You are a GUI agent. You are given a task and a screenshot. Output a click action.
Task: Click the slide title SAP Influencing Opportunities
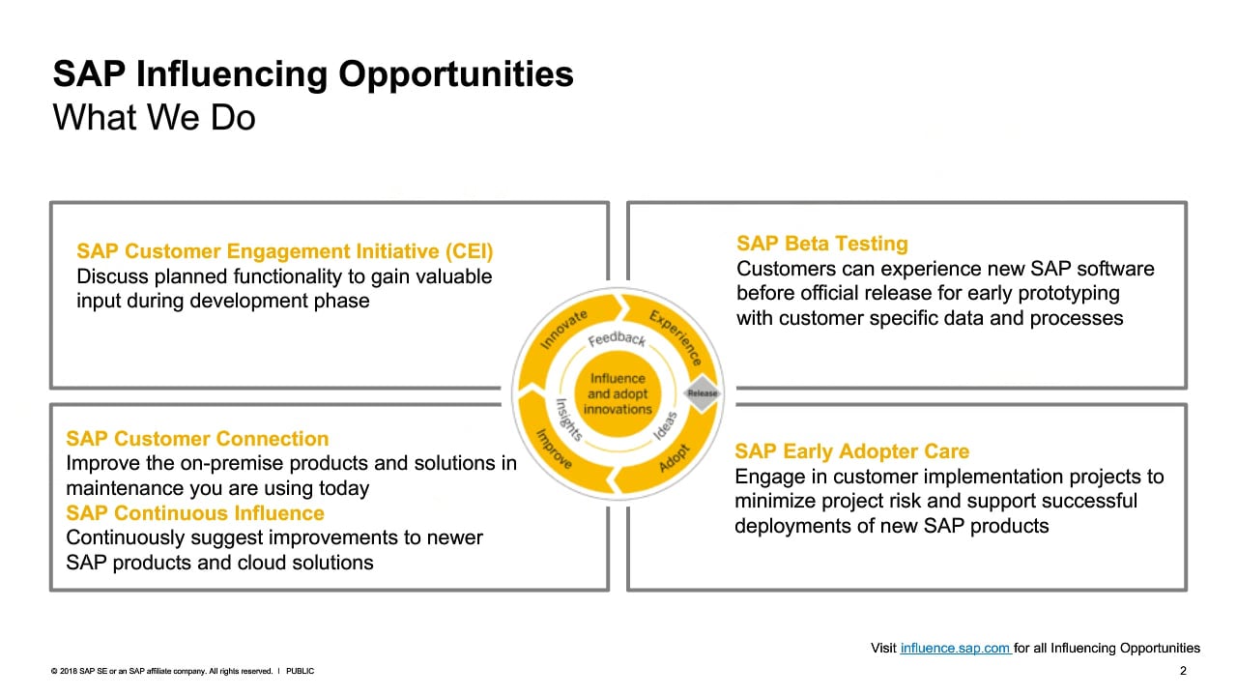pyautogui.click(x=313, y=74)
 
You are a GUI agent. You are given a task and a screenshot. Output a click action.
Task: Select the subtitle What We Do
pyautogui.click(x=154, y=118)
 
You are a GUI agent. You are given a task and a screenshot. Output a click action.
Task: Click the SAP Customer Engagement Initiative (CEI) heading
pyautogui.click(x=284, y=251)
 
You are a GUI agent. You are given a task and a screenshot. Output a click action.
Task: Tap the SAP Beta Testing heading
pyautogui.click(x=822, y=244)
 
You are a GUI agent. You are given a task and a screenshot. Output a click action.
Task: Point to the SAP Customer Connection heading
pyautogui.click(x=197, y=439)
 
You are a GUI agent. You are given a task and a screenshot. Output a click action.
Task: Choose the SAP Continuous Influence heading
pyautogui.click(x=195, y=513)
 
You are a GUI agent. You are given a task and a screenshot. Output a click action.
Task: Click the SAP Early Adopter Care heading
pyautogui.click(x=851, y=451)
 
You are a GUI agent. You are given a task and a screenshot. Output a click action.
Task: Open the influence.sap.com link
pyautogui.click(x=956, y=648)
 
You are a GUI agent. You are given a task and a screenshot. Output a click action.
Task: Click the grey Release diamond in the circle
pyautogui.click(x=702, y=393)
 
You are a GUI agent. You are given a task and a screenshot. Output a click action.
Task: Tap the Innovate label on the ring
pyautogui.click(x=563, y=330)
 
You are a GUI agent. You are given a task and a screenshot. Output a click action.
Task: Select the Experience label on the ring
pyautogui.click(x=676, y=337)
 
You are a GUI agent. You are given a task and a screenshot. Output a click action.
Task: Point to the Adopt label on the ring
pyautogui.click(x=675, y=458)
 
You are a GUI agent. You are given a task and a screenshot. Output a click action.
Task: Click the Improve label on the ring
pyautogui.click(x=554, y=449)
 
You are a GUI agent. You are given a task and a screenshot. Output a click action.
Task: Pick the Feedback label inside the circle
pyautogui.click(x=617, y=338)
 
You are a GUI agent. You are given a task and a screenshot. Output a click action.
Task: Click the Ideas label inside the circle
pyautogui.click(x=665, y=425)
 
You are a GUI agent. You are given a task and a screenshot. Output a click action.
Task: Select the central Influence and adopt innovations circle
pyautogui.click(x=618, y=393)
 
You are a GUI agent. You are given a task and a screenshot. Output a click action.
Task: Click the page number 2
pyautogui.click(x=1183, y=671)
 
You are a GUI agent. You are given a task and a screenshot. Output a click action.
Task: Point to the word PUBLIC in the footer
pyautogui.click(x=300, y=671)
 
